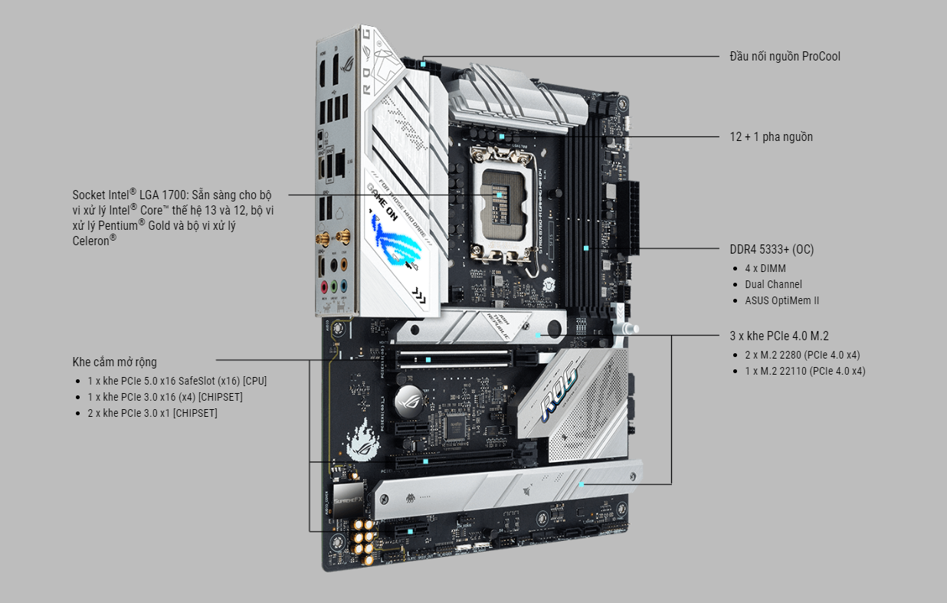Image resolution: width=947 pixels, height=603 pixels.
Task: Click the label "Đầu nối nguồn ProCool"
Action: click(785, 57)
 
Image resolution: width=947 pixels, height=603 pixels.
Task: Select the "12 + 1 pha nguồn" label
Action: click(771, 137)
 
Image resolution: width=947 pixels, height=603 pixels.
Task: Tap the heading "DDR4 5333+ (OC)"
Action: click(772, 250)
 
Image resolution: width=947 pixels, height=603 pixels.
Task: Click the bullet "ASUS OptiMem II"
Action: click(782, 300)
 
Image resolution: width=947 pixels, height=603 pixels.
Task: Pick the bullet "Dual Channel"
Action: click(773, 284)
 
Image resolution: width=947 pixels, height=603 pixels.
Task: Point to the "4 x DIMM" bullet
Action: click(765, 268)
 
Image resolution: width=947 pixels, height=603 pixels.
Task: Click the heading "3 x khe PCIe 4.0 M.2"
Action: click(778, 336)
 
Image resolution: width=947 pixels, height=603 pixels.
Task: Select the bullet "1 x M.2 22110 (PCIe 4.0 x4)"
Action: click(805, 371)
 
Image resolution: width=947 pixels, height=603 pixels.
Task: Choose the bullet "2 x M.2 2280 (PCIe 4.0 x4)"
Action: click(802, 355)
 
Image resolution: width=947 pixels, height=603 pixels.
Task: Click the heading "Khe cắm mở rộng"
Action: click(115, 362)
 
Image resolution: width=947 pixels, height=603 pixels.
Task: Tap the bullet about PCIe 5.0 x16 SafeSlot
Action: click(177, 381)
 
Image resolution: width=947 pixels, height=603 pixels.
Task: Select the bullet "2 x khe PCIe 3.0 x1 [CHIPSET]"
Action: click(152, 413)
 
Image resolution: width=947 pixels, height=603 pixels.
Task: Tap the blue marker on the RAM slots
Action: click(586, 248)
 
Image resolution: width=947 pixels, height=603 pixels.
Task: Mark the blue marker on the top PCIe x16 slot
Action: click(428, 358)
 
